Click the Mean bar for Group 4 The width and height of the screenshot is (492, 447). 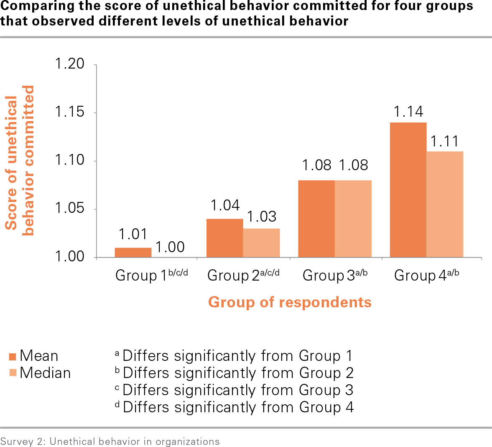click(x=408, y=190)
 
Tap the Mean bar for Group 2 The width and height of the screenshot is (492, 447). click(x=225, y=238)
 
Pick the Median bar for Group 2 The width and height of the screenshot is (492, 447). click(x=261, y=243)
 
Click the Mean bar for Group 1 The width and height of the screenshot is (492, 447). click(x=133, y=253)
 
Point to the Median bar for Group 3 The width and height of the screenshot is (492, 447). click(x=353, y=219)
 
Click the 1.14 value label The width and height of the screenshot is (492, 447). click(x=408, y=112)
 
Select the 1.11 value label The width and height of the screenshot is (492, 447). click(x=445, y=141)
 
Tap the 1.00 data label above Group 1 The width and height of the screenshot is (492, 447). click(x=170, y=247)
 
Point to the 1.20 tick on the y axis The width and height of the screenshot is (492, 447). click(x=70, y=64)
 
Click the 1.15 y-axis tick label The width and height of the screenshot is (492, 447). click(x=70, y=112)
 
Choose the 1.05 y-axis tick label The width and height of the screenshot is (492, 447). click(x=70, y=208)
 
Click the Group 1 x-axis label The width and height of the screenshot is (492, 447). click(x=151, y=275)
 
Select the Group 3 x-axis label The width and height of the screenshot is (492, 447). click(x=335, y=275)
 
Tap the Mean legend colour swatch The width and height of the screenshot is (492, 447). click(x=13, y=356)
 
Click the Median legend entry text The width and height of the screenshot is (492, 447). click(x=45, y=373)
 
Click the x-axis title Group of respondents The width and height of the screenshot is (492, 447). click(x=290, y=302)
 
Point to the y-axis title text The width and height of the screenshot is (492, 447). click(x=19, y=161)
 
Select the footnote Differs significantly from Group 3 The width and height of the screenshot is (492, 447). click(x=238, y=390)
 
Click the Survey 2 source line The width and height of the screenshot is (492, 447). click(x=110, y=442)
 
